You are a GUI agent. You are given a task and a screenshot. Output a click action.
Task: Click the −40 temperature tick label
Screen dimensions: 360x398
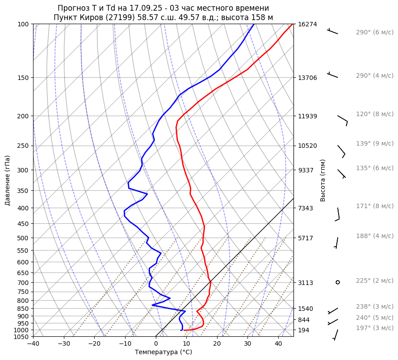click(33, 344)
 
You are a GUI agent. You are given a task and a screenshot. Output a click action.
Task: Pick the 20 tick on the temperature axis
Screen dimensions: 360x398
click(217, 344)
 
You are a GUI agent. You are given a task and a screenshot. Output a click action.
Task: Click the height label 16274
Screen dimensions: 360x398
click(307, 24)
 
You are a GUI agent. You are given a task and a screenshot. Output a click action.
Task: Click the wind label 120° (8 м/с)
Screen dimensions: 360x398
click(374, 114)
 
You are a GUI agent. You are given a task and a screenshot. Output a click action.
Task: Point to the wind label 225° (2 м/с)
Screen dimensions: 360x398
click(374, 281)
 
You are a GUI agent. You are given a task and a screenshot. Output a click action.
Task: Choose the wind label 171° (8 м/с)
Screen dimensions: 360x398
click(374, 206)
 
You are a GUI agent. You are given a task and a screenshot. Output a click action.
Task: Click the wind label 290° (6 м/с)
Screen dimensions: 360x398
click(374, 33)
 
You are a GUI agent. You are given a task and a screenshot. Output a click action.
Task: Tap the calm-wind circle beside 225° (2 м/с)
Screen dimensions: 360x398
click(338, 282)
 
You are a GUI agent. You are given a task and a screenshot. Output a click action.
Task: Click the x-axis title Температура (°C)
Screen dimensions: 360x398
click(163, 352)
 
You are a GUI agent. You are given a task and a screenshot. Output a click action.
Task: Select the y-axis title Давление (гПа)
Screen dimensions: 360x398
click(8, 180)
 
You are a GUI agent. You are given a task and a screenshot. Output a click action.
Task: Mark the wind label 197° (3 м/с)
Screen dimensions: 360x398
click(374, 328)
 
